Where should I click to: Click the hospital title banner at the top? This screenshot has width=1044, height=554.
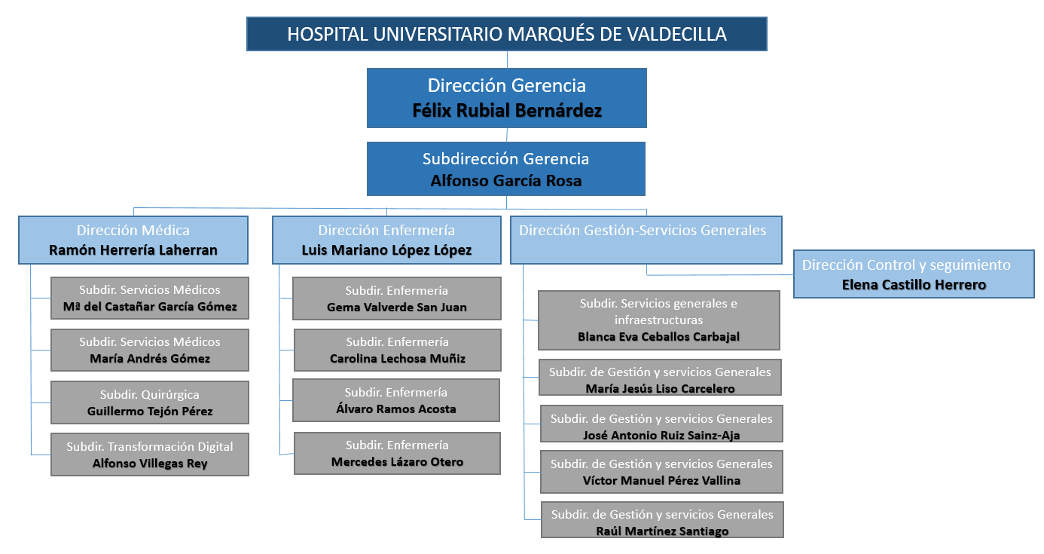[506, 34]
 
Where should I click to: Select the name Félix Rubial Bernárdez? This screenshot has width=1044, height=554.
[507, 111]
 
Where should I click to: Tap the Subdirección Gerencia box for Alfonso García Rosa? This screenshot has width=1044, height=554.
[506, 169]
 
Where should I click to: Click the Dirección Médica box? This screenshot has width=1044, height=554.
[133, 240]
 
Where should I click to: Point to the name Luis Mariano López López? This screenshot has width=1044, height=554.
[386, 250]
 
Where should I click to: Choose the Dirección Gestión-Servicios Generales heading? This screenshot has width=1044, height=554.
[643, 231]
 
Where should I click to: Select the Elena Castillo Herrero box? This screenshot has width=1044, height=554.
[914, 274]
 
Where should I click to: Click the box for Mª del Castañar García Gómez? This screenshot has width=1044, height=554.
[150, 298]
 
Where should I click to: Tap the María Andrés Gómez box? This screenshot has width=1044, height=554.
[150, 350]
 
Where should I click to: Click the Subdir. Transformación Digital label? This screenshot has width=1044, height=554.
[150, 446]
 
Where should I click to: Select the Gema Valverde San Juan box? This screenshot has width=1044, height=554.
[397, 298]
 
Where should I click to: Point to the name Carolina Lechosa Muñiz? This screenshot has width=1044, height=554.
[398, 359]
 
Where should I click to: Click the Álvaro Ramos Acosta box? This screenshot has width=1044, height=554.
[396, 400]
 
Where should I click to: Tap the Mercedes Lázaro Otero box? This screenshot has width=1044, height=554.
[397, 453]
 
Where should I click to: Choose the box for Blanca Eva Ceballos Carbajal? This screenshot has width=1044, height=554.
[658, 320]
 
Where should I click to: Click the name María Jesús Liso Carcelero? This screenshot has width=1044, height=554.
[660, 389]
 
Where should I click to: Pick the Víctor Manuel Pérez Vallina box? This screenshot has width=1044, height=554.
[661, 472]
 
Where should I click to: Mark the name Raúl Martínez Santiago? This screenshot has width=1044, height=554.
[662, 531]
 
